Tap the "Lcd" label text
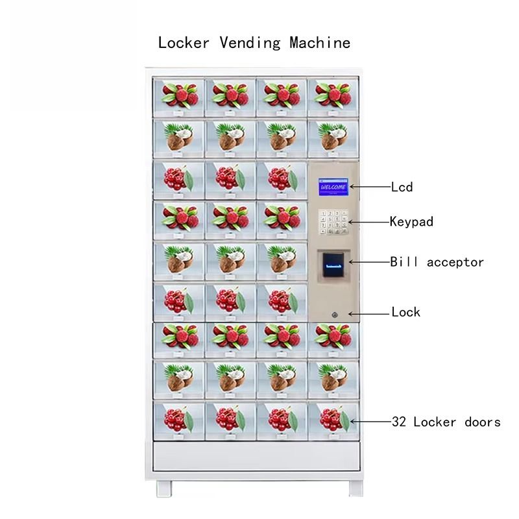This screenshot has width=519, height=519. click(402, 187)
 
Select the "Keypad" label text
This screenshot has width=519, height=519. click(411, 221)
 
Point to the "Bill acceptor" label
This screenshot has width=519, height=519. click(437, 262)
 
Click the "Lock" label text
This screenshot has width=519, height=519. click(405, 313)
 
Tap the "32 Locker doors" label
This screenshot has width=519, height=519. click(446, 422)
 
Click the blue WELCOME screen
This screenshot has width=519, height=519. click(332, 187)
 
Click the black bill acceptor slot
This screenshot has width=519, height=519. click(332, 265)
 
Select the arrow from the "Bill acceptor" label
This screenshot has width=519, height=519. click(368, 262)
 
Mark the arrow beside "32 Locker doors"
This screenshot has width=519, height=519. click(371, 422)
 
